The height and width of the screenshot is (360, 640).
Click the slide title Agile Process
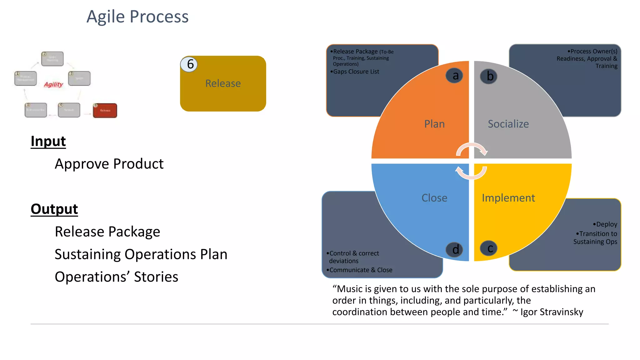pos(137,17)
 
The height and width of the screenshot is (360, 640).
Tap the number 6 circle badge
pos(190,64)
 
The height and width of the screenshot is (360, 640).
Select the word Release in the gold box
pos(223,83)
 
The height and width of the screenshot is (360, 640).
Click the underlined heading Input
pos(48,141)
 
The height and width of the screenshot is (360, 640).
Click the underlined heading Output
pos(54,209)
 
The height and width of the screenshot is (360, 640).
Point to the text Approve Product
pos(109,164)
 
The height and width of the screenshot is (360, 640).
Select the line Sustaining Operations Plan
pos(141,254)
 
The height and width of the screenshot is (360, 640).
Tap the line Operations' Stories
pos(116,277)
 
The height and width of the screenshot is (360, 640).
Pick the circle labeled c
pos(489,248)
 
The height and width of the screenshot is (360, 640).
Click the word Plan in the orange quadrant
pos(434,124)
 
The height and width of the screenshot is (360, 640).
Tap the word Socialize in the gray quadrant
pos(508,124)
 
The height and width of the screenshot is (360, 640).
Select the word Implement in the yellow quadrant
pos(508,198)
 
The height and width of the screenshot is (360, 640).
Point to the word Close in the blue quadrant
pos(434,198)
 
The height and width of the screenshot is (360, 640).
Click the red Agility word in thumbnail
pos(53,84)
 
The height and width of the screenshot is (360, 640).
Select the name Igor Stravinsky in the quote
pos(552,312)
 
